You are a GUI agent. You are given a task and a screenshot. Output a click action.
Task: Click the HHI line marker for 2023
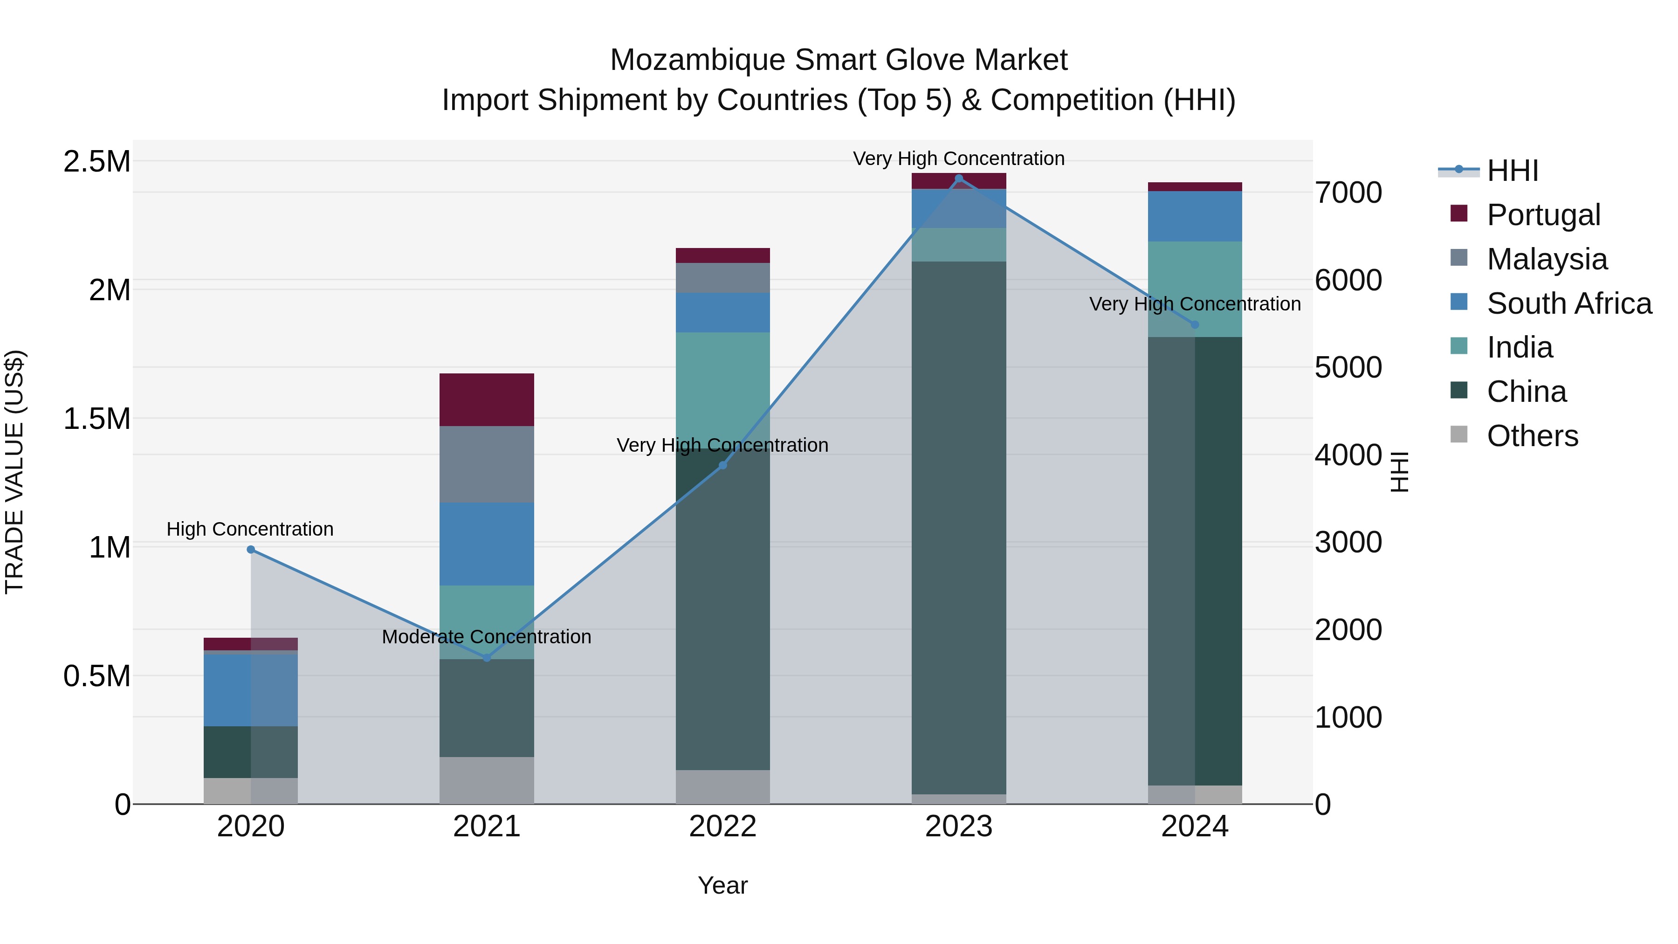pyautogui.click(x=958, y=179)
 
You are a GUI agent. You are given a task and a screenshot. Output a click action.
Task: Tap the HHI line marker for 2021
pyautogui.click(x=487, y=658)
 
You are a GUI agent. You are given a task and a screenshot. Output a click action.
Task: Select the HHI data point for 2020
pyautogui.click(x=251, y=550)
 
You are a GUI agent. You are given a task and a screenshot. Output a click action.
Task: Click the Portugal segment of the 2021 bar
pyautogui.click(x=487, y=400)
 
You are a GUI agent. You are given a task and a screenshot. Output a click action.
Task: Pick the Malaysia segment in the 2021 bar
pyautogui.click(x=487, y=464)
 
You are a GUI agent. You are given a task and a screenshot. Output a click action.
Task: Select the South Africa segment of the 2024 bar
pyautogui.click(x=1195, y=216)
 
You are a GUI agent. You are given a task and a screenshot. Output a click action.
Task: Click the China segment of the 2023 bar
pyautogui.click(x=958, y=528)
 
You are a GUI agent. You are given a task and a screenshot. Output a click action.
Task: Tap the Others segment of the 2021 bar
pyautogui.click(x=487, y=780)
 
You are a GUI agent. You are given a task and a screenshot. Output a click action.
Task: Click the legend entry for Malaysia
pyautogui.click(x=1547, y=259)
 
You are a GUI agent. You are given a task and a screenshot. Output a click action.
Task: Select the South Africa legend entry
pyautogui.click(x=1568, y=303)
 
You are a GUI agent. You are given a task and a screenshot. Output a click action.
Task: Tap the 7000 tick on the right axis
pyautogui.click(x=1348, y=193)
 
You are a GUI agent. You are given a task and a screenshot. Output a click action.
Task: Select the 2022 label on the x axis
pyautogui.click(x=722, y=827)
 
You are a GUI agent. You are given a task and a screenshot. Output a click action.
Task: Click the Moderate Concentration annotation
pyautogui.click(x=487, y=636)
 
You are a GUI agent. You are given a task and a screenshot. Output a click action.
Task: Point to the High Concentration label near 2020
pyautogui.click(x=250, y=529)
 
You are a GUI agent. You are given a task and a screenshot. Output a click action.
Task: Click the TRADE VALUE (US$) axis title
pyautogui.click(x=14, y=472)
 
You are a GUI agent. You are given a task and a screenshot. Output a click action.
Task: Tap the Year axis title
pyautogui.click(x=722, y=885)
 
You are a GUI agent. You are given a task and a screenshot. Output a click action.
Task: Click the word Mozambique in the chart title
pyautogui.click(x=698, y=60)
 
